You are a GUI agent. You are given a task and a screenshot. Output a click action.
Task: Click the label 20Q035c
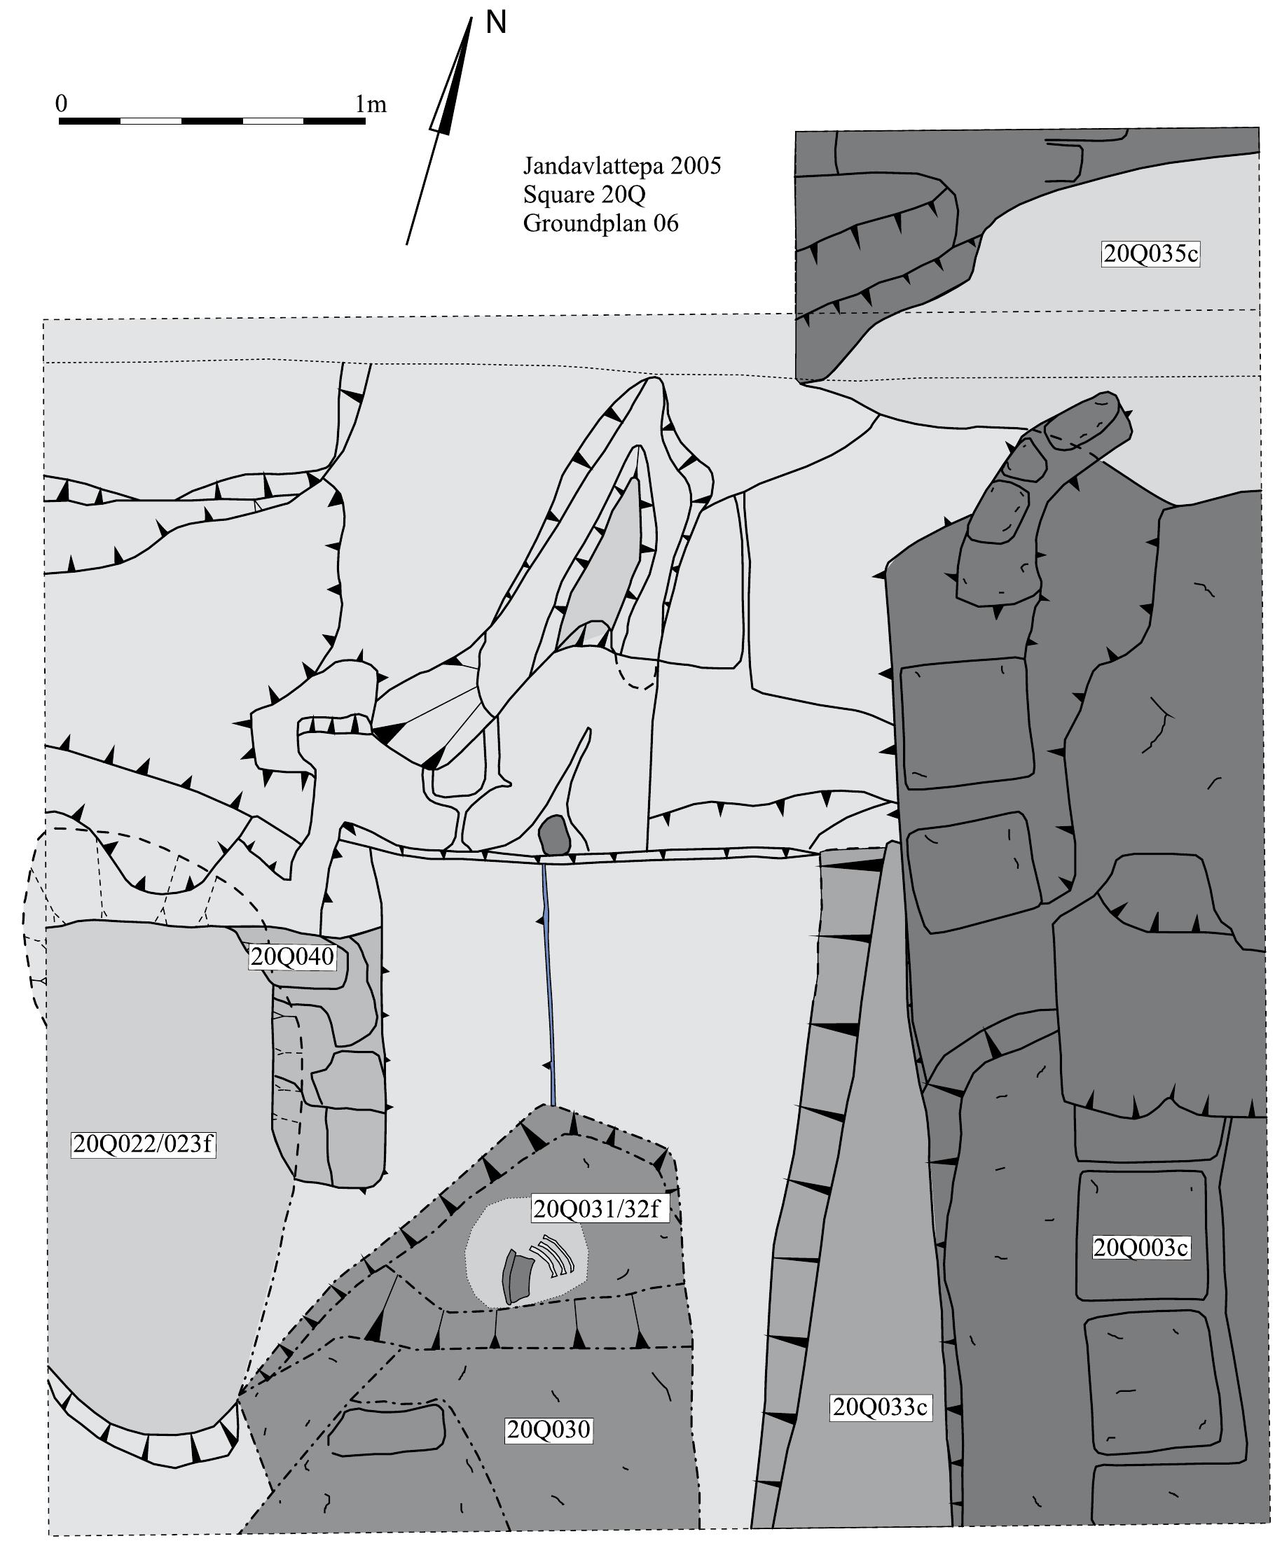click(1150, 254)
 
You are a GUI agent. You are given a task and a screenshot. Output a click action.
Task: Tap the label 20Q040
click(292, 957)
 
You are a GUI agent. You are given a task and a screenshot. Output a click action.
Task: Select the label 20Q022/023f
click(144, 1144)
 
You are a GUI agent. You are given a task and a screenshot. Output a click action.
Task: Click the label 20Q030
click(549, 1430)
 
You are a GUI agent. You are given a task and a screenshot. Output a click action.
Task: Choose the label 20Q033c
click(881, 1407)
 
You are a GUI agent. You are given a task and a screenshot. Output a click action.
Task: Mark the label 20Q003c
click(1140, 1248)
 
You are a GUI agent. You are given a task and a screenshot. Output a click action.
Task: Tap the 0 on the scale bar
click(62, 104)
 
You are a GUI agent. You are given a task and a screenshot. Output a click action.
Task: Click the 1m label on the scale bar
click(371, 105)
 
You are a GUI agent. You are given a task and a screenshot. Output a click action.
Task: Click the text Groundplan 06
click(600, 223)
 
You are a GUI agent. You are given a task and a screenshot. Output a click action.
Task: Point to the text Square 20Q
click(584, 195)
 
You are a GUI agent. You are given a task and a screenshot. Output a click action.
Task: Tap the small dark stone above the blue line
click(553, 836)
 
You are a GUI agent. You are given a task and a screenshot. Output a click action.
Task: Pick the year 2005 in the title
click(696, 167)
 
